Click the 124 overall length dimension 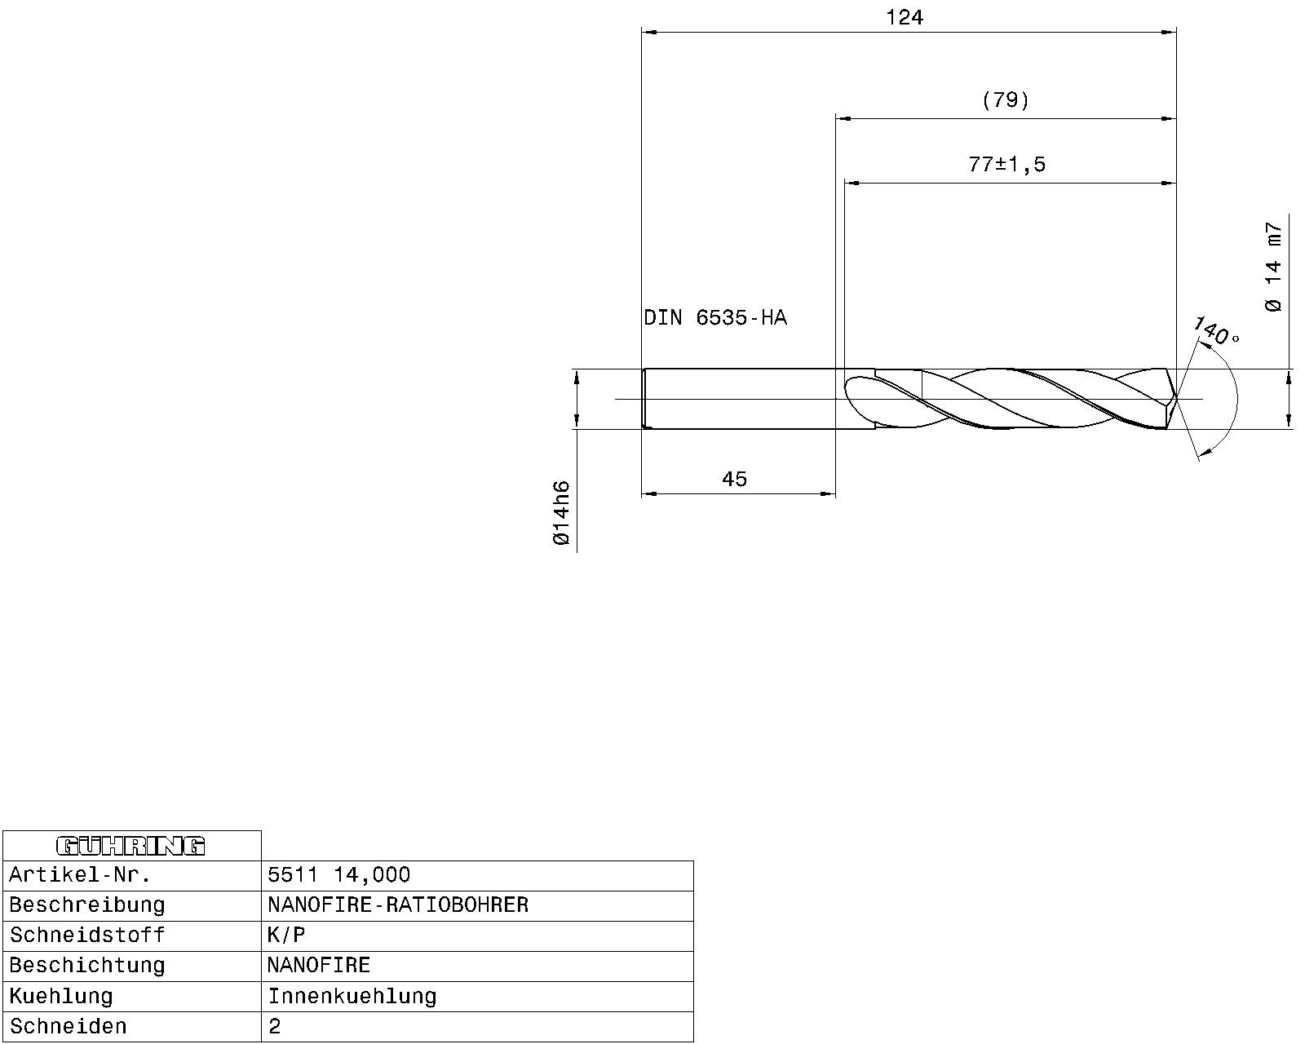[x=904, y=18]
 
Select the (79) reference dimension [x=1006, y=100]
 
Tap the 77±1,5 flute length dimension [x=1006, y=165]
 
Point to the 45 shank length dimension [x=734, y=480]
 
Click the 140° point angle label [x=1216, y=330]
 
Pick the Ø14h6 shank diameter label [x=561, y=513]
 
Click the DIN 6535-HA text [x=715, y=318]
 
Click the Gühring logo [x=131, y=846]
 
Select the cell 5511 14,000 [x=339, y=875]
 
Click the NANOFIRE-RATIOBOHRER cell [x=398, y=905]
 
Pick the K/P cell [x=286, y=936]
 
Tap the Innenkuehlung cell [x=352, y=997]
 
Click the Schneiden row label [x=69, y=1027]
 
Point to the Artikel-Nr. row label [x=80, y=876]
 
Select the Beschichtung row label [x=87, y=966]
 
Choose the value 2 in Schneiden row [x=275, y=1027]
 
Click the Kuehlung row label [x=61, y=997]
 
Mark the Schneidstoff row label [x=87, y=936]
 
